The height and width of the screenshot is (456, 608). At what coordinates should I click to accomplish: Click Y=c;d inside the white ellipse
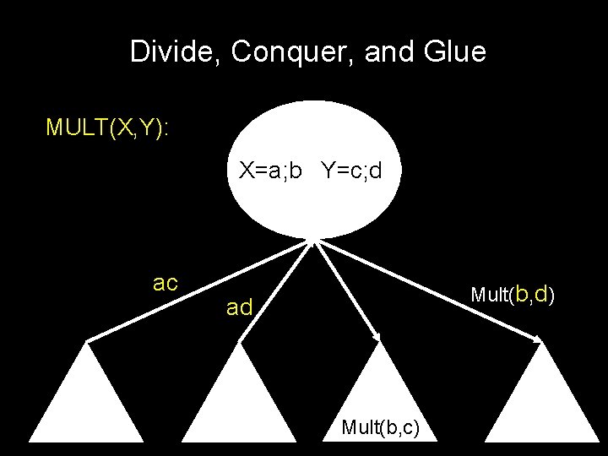(x=351, y=171)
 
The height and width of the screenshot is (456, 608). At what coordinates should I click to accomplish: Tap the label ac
(x=166, y=282)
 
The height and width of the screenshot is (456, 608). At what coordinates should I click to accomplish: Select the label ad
(x=239, y=308)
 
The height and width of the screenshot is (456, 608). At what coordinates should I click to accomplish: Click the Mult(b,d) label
(x=512, y=294)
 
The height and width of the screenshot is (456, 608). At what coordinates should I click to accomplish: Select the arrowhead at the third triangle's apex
(x=377, y=337)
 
